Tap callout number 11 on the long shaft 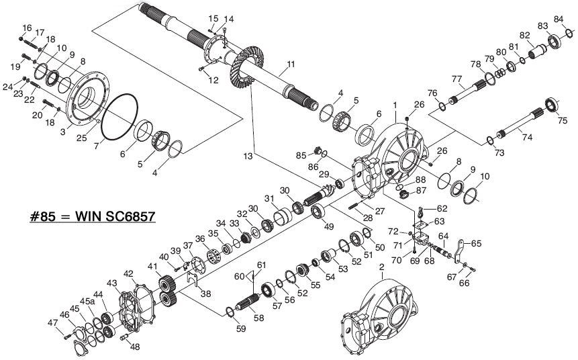tap(291, 65)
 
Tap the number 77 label tap(456, 79)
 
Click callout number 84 tap(558, 19)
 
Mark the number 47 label tap(52, 323)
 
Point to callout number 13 tap(249, 156)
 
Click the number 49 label tap(328, 226)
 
